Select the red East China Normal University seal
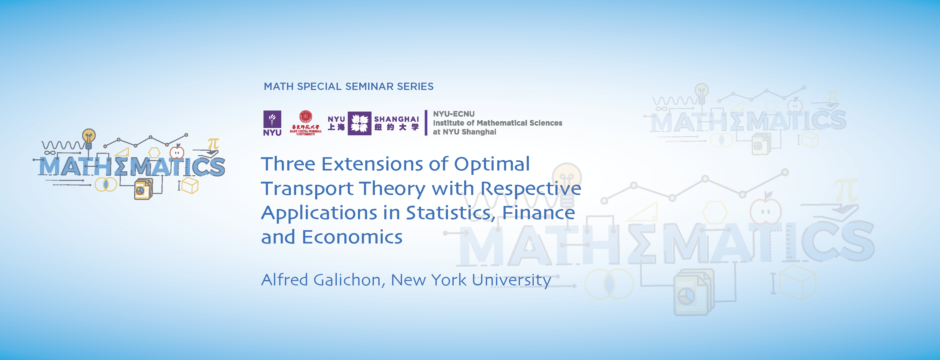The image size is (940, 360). tap(306, 117)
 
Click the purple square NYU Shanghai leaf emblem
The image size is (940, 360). tap(360, 123)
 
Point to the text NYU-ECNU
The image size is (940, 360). tap(454, 114)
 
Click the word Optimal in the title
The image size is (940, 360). tap(492, 164)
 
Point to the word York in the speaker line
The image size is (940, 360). tap(448, 280)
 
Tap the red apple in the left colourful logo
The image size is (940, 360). tap(177, 152)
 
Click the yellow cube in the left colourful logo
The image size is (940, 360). tap(190, 185)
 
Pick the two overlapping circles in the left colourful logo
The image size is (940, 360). tap(106, 184)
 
